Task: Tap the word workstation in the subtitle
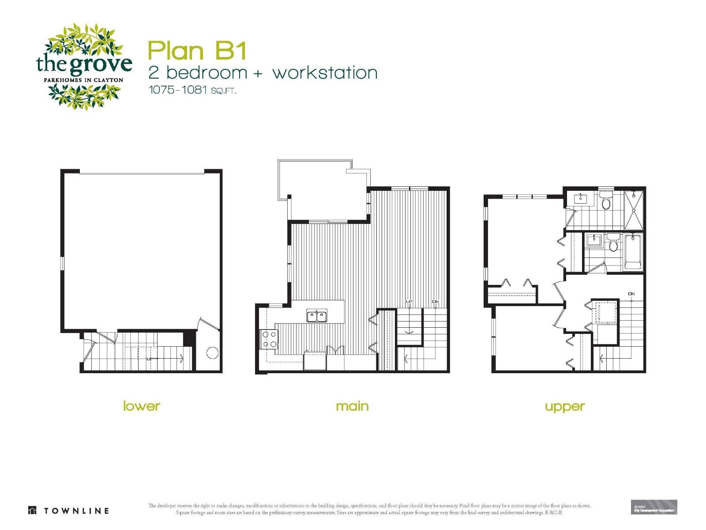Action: [325, 73]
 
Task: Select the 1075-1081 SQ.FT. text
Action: [192, 90]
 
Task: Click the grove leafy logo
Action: [84, 66]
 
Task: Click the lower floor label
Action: [141, 406]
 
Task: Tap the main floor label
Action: [352, 406]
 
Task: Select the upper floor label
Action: [564, 406]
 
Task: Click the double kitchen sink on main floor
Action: [317, 316]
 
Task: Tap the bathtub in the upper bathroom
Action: [633, 253]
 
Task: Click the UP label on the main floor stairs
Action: [409, 302]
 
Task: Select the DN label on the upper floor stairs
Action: [631, 294]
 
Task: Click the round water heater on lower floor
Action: [212, 353]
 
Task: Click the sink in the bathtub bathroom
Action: [594, 241]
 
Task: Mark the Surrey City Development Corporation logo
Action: [654, 507]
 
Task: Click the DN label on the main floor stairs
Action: [436, 302]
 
